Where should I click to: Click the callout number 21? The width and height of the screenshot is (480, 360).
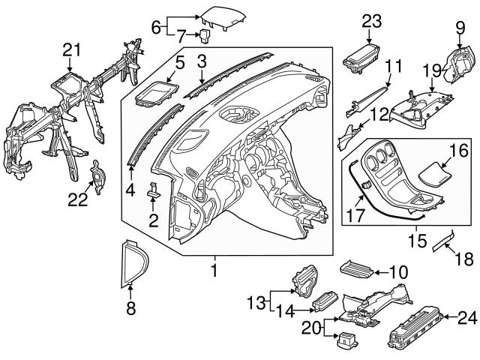(70, 49)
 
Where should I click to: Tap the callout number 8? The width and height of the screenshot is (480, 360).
(130, 306)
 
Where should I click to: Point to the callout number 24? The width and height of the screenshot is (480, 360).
(467, 319)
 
